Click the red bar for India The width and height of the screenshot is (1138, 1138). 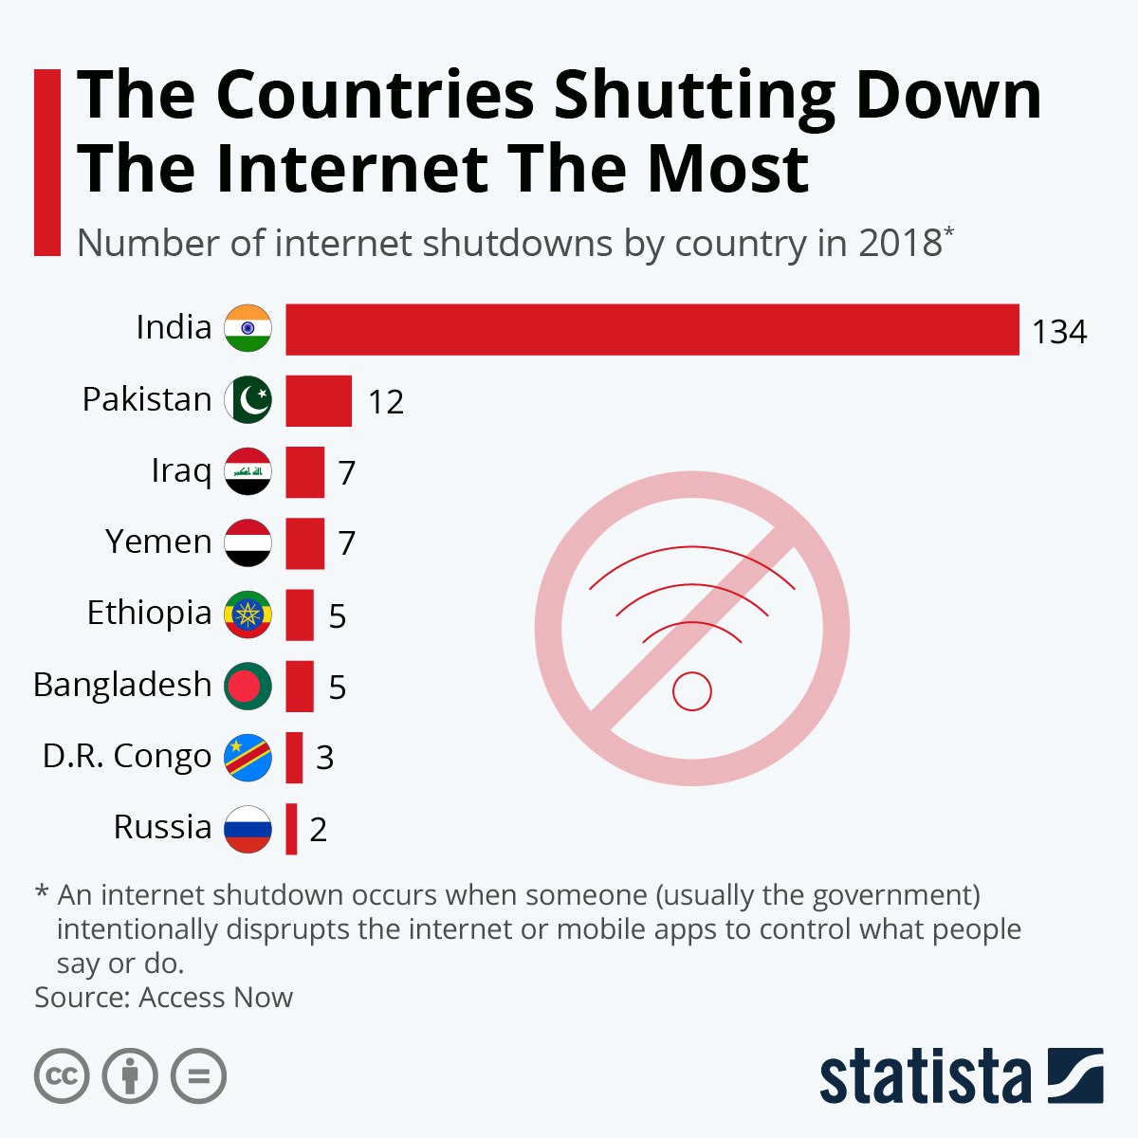tap(652, 330)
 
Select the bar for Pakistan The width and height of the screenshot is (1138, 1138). tap(319, 401)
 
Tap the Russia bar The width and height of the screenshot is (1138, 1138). tap(291, 829)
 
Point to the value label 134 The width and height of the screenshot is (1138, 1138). tap(1059, 332)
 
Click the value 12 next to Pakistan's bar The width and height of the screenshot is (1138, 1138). tap(386, 402)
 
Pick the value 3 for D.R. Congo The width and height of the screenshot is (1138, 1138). tap(324, 758)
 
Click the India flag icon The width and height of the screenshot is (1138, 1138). tap(248, 329)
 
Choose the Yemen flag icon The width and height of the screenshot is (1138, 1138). tap(248, 543)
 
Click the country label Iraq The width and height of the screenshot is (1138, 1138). tap(181, 470)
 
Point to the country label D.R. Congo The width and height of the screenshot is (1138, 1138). tap(127, 757)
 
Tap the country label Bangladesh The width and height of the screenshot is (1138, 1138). tap(122, 685)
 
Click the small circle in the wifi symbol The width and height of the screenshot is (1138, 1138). tap(691, 690)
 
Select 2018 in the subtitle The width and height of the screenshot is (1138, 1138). tap(899, 244)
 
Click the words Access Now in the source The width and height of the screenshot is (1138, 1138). tap(216, 998)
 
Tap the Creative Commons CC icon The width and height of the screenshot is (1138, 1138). tap(62, 1076)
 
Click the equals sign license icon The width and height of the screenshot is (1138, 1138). tap(198, 1076)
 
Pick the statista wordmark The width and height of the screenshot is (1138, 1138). tap(925, 1076)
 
